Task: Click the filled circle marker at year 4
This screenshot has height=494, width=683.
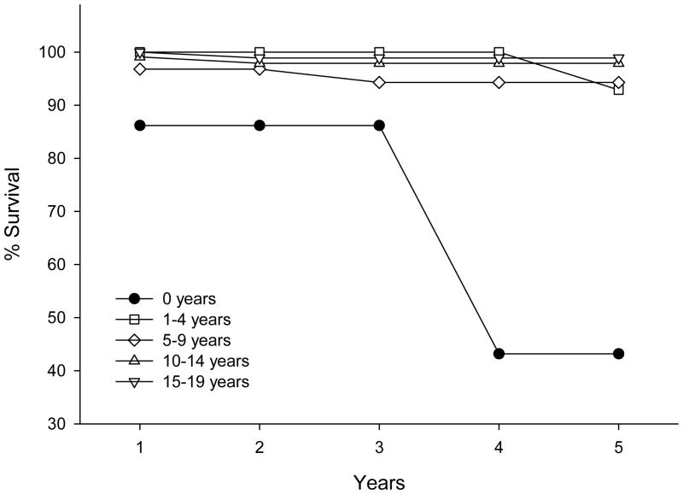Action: click(499, 354)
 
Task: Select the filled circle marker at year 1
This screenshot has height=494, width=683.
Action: click(139, 126)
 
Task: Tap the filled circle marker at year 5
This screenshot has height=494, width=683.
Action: click(618, 354)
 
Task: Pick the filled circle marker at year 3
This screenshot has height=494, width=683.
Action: click(379, 126)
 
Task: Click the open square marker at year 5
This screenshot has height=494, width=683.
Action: click(618, 89)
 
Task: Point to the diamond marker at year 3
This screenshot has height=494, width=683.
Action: click(379, 82)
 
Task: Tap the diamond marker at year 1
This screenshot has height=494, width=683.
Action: click(139, 68)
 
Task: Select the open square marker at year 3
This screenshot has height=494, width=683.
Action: click(379, 53)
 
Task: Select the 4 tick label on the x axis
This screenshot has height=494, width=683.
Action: click(499, 449)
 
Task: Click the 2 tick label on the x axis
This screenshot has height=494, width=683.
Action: click(259, 449)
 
